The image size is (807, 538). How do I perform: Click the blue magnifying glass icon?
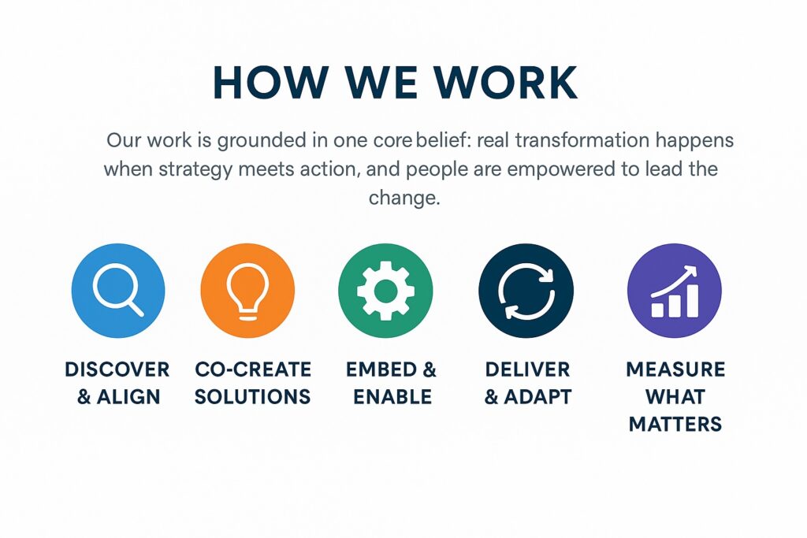coord(118,291)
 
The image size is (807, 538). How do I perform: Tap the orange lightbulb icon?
coord(247,291)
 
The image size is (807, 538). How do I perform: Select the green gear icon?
coord(385,291)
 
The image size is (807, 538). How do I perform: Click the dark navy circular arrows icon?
coord(526,291)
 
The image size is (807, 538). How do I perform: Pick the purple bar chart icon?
coord(675,291)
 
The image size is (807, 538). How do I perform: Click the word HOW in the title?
coord(271,82)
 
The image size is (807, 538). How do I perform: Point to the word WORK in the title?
coord(505,82)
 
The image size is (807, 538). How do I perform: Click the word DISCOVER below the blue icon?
coord(117,369)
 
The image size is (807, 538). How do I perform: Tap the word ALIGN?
coord(128,396)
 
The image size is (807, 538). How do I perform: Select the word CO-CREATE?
coord(253,369)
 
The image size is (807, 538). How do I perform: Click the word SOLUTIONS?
coord(253,396)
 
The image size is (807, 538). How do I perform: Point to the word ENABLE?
coord(392,396)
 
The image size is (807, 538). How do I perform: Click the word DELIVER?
coord(527,369)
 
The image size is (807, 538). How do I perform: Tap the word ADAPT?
coord(537,396)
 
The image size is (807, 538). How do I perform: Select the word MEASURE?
coord(675,369)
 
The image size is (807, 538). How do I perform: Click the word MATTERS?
coord(675,424)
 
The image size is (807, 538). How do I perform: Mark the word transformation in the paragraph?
coord(582,140)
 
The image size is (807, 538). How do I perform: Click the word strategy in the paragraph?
coord(195,169)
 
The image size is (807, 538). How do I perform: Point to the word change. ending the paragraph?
coord(404,198)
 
